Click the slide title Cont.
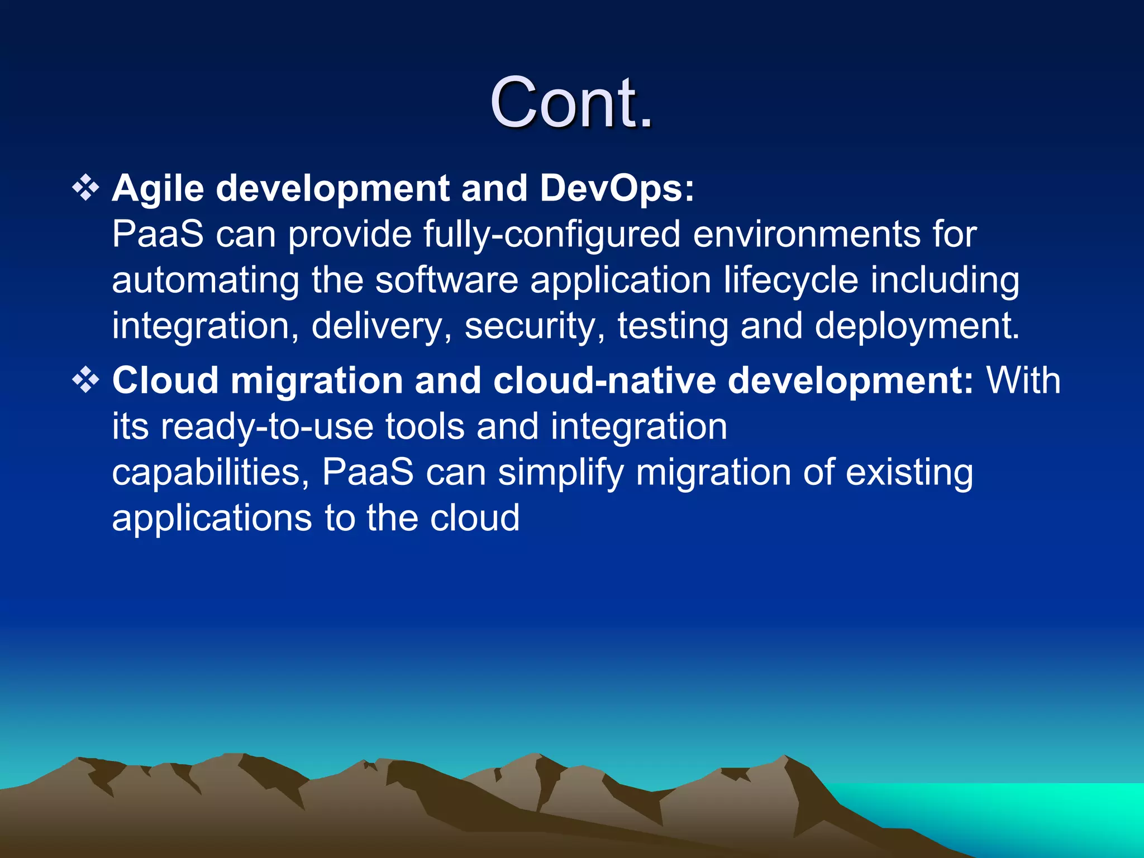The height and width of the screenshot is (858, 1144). pyautogui.click(x=571, y=103)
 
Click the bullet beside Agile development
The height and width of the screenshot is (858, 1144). pyautogui.click(x=86, y=188)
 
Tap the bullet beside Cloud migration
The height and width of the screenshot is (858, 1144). pyautogui.click(x=86, y=380)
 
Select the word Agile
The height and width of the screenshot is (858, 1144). pyautogui.click(x=158, y=189)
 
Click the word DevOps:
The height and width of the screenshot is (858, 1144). pyautogui.click(x=617, y=189)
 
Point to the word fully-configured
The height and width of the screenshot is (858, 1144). pyautogui.click(x=551, y=234)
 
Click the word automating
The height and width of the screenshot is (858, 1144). pyautogui.click(x=205, y=280)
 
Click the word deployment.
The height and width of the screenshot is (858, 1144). pyautogui.click(x=917, y=326)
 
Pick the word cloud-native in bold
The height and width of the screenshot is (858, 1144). pyautogui.click(x=604, y=381)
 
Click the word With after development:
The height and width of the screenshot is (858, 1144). pyautogui.click(x=1023, y=381)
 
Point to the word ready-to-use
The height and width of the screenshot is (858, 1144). pyautogui.click(x=267, y=427)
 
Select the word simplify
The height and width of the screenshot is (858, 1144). pyautogui.click(x=560, y=473)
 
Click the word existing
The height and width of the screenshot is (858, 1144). pyautogui.click(x=909, y=473)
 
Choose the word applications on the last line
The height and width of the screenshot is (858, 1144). pyautogui.click(x=212, y=518)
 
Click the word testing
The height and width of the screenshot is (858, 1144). pyautogui.click(x=673, y=326)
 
